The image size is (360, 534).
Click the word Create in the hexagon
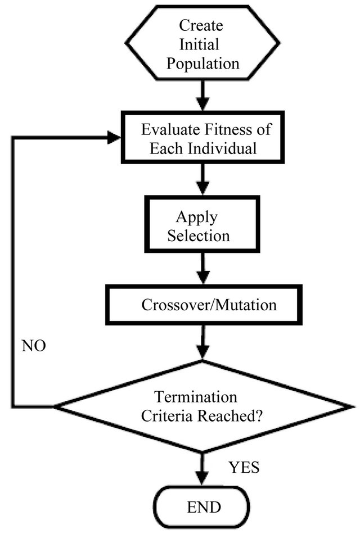(x=201, y=25)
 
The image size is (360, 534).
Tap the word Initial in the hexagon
(x=200, y=44)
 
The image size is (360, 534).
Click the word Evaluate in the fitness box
(x=170, y=129)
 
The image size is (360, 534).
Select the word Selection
(x=199, y=236)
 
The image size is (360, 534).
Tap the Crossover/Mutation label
(x=209, y=305)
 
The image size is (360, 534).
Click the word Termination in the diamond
(x=196, y=397)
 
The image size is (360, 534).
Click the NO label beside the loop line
(x=34, y=346)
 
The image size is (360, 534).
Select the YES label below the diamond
(x=244, y=467)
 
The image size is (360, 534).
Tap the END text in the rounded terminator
(x=204, y=508)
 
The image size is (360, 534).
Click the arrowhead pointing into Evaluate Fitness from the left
(x=114, y=138)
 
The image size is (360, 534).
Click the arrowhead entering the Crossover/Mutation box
(x=203, y=278)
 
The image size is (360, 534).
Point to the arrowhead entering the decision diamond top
(x=203, y=351)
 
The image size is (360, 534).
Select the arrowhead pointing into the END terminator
(x=203, y=477)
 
